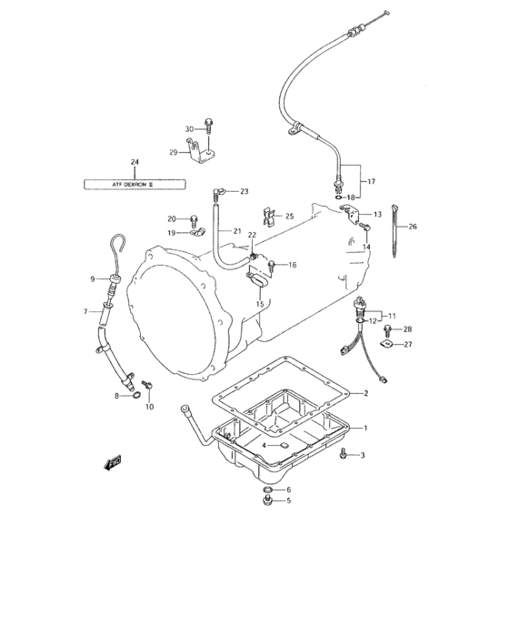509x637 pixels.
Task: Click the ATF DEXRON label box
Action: point(134,183)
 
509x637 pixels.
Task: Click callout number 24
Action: point(135,163)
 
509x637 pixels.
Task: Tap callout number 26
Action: point(413,227)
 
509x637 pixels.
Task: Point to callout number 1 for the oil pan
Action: point(364,428)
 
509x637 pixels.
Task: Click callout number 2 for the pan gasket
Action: point(364,393)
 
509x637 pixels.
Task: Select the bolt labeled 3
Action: point(342,454)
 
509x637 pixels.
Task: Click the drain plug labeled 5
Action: point(266,500)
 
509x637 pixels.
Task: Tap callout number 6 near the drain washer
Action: point(288,490)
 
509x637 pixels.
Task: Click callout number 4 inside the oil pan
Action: point(264,445)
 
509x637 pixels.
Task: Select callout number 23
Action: point(245,191)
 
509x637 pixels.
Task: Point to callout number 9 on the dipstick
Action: point(93,278)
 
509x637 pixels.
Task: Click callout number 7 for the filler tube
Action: point(86,312)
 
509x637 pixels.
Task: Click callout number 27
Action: point(407,344)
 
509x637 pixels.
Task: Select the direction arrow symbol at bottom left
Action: point(113,464)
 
